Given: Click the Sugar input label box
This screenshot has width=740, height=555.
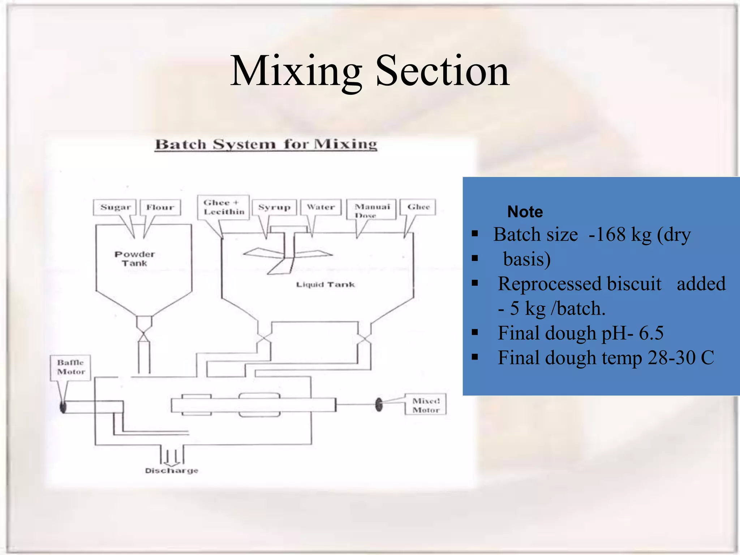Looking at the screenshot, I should point(115,207).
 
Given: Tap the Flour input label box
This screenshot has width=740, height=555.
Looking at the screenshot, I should point(160,207).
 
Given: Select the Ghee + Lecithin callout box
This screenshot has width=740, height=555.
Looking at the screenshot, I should point(224,207).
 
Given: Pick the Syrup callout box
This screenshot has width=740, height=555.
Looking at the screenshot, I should point(274,207).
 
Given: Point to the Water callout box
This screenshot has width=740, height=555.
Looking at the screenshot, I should point(321,207).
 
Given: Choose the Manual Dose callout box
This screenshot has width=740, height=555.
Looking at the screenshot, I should point(372,210).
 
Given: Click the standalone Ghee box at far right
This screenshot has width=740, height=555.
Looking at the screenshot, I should point(418,207).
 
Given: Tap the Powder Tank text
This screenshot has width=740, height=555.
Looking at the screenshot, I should point(134,259).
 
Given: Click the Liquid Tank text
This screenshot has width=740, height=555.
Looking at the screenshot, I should point(325,285).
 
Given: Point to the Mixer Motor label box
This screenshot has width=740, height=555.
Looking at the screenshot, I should point(426,405).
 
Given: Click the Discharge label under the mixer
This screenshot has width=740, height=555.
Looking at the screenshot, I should point(172,470).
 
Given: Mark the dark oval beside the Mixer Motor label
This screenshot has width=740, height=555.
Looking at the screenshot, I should point(379,405).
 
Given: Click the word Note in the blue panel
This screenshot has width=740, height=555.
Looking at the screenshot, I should point(525,212).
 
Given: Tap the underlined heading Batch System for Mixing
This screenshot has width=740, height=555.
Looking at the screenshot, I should point(266,145).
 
